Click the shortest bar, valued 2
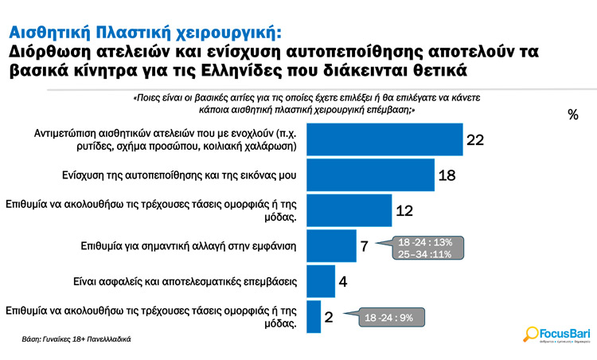click(x=314, y=317)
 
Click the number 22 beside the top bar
click(x=475, y=140)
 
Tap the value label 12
click(x=404, y=210)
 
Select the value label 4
click(x=341, y=280)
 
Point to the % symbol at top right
click(x=573, y=115)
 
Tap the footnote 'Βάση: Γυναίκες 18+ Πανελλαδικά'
click(x=76, y=339)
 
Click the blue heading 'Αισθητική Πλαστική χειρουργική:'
click(x=144, y=33)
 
